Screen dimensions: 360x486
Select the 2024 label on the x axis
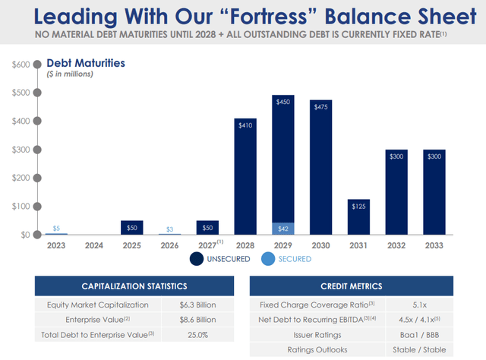pos(93,246)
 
